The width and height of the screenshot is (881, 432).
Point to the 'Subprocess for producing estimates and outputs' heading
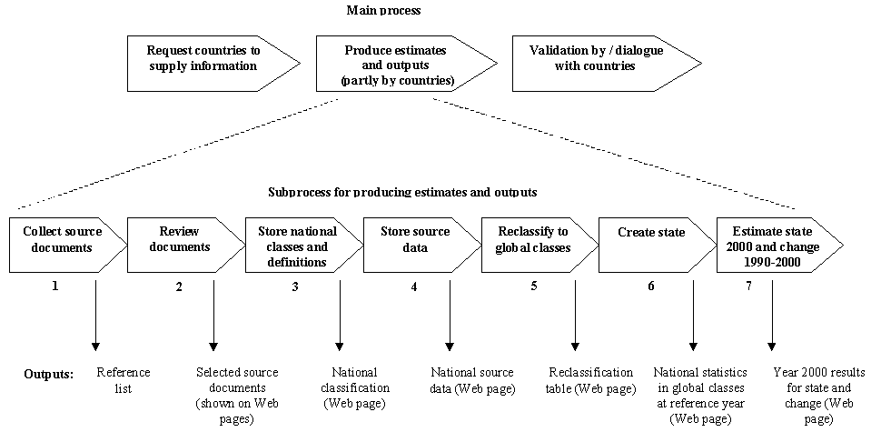pyautogui.click(x=402, y=193)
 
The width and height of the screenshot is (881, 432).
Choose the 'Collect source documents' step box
pyautogui.click(x=63, y=245)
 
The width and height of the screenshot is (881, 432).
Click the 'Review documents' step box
pyautogui.click(x=180, y=245)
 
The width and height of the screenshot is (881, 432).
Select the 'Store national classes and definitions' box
pyautogui.click(x=298, y=245)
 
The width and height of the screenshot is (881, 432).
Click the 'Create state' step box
pyautogui.click(x=651, y=245)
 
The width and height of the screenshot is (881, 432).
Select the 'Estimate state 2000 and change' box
pyautogui.click(x=773, y=245)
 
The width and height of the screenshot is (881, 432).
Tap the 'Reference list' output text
pyautogui.click(x=123, y=380)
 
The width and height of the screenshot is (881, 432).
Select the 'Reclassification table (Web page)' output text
pyautogui.click(x=591, y=380)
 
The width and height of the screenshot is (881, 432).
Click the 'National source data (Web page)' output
pyautogui.click(x=471, y=380)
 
